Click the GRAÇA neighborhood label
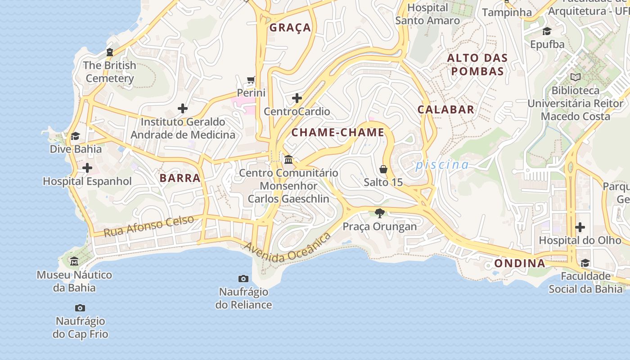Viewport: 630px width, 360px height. pos(290,28)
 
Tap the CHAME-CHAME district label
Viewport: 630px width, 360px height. pos(338,132)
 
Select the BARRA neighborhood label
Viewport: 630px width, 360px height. pos(180,178)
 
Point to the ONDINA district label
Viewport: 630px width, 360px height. pos(520,263)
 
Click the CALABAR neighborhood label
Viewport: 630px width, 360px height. pos(445,109)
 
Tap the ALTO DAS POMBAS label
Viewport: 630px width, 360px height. pos(477,64)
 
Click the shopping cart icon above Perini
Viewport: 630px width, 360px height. pos(251,80)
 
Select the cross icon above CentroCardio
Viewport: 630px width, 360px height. pos(297,98)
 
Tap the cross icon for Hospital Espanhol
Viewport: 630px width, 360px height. pos(87,168)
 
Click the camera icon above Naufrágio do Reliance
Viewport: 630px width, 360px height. pos(243,279)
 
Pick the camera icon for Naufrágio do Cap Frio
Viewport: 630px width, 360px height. pos(80,308)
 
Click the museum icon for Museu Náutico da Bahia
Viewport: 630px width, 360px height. pos(74,261)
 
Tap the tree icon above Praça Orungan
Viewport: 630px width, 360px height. pos(380,213)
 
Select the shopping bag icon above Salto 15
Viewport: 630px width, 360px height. pos(383,169)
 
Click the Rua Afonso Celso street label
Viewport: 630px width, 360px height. pos(149,226)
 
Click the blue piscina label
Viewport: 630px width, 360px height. pos(442,165)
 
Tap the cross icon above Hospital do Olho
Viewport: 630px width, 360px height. pos(580,227)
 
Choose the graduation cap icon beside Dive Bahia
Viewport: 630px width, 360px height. pos(75,136)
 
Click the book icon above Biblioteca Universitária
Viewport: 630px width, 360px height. pos(576,77)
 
